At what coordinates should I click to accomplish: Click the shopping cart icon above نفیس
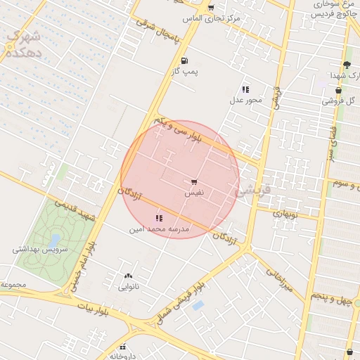click(x=194, y=181)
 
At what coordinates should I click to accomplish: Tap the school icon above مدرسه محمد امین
click(x=158, y=219)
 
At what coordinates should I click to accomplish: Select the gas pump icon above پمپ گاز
click(x=184, y=60)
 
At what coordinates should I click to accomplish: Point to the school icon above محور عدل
click(x=245, y=89)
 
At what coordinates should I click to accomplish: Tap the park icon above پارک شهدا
click(x=346, y=65)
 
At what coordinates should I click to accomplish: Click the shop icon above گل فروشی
click(x=339, y=90)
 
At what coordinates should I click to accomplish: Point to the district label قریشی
click(x=252, y=190)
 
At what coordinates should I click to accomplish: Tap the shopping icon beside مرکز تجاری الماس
click(x=211, y=8)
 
